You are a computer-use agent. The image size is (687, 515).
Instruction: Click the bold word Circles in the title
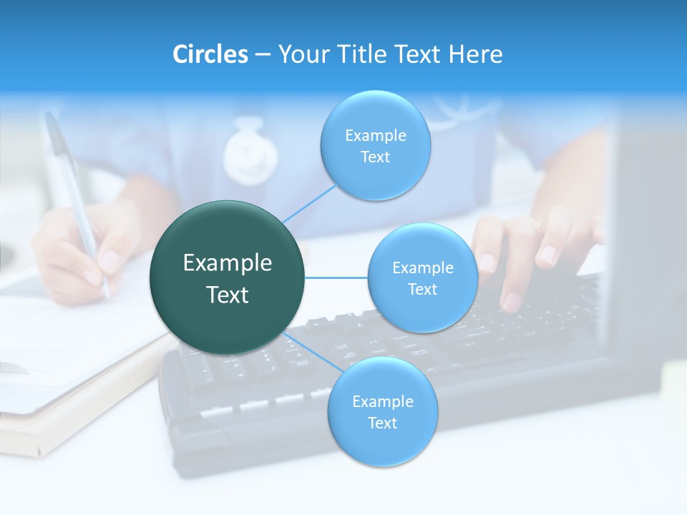point(210,54)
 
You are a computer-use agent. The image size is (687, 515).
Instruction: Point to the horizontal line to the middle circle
point(336,278)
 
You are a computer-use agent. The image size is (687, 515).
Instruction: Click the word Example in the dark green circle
point(228,263)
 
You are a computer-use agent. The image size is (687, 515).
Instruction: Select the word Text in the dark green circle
point(228,295)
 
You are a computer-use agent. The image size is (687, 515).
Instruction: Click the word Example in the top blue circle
point(376,136)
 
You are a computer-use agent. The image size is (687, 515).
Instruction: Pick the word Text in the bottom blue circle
point(382,423)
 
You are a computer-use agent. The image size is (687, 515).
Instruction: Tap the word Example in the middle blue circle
point(422,268)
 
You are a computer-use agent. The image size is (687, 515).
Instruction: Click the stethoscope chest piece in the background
point(250,152)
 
